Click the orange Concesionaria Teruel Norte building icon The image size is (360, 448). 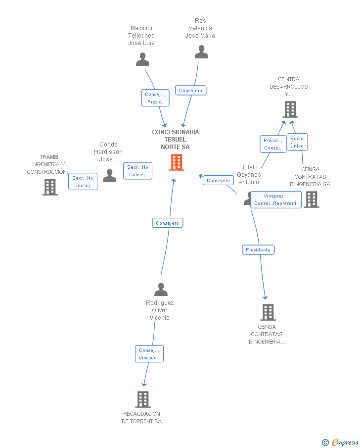tap(176, 162)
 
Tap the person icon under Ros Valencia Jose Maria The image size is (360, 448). tap(201, 52)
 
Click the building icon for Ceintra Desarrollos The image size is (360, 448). tap(290, 109)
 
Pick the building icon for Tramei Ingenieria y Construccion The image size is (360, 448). tap(49, 187)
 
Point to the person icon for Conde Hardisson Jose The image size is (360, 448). tap(109, 176)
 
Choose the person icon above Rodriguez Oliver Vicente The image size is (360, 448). tap(161, 289)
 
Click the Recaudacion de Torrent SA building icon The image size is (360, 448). tap(142, 399)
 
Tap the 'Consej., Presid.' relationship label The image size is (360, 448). tap(155, 98)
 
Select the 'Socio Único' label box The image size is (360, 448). tap(297, 142)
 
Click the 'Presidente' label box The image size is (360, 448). tap(258, 250)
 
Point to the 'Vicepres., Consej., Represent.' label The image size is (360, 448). tap(275, 199)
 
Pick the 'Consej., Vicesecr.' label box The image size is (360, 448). tap(149, 354)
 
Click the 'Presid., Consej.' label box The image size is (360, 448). tap(272, 144)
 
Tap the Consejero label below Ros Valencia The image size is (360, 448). tap(190, 91)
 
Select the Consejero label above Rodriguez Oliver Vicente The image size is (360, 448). tap(168, 223)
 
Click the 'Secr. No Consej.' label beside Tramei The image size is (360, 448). tap(83, 182)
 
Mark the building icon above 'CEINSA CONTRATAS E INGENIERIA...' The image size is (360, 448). tap(268, 312)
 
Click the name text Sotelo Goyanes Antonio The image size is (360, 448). tap(249, 175)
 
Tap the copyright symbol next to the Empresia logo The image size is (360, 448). tap(325, 443)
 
